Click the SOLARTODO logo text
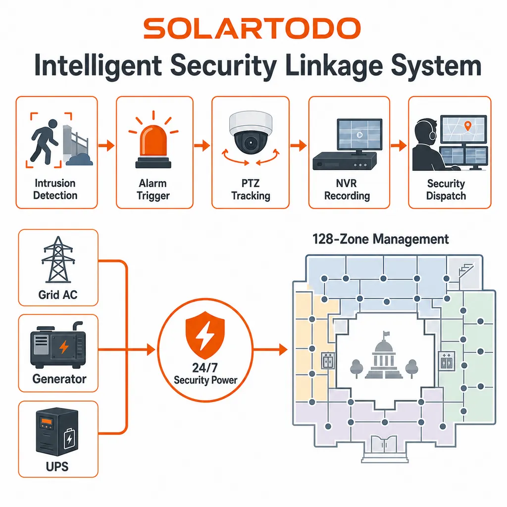pos(252,28)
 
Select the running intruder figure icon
pos(45,141)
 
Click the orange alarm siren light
pos(153,146)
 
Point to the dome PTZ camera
pos(251,133)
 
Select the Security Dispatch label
pos(446,190)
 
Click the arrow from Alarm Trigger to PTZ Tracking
pos(202,146)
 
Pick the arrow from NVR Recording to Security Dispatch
pos(399,146)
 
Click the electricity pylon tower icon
pos(58,259)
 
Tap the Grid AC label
pos(58,295)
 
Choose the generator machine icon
pos(58,345)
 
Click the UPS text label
pos(57,466)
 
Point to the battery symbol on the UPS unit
pos(69,438)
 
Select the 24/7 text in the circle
pos(205,368)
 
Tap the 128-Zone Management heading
pos(381,239)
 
